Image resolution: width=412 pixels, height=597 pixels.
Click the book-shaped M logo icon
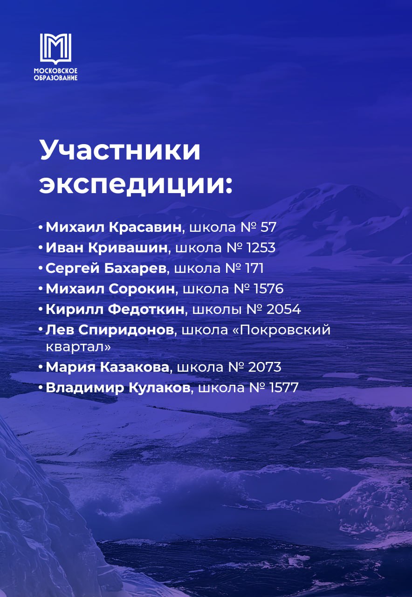55,49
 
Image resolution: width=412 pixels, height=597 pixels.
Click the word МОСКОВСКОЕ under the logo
55,71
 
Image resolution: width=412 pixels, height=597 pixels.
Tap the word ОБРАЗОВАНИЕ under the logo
55,78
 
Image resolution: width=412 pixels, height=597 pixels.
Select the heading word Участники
120,151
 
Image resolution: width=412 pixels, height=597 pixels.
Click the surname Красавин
145,227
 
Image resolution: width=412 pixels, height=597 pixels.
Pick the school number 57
268,227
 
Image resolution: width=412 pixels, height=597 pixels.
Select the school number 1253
261,248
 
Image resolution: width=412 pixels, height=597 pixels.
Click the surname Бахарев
135,268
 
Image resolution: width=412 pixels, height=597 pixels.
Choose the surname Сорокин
142,289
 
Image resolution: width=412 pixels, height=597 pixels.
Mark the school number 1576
269,289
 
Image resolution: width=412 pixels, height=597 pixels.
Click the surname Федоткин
146,309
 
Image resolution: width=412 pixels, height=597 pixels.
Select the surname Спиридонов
126,330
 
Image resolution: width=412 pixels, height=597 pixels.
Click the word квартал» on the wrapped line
78,347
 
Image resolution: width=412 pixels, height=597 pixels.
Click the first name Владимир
85,388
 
